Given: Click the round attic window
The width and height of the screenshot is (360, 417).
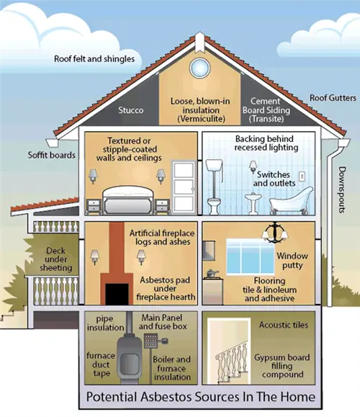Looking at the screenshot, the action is point(199,68).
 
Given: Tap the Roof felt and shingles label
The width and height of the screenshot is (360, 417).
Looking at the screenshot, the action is point(94,59).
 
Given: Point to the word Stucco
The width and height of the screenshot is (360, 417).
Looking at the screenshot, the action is point(131,110).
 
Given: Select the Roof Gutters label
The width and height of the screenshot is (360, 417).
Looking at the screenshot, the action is point(333,98).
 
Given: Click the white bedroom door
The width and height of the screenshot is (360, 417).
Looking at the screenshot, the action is point(184,187).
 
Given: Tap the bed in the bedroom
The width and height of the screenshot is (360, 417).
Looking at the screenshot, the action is point(128,199).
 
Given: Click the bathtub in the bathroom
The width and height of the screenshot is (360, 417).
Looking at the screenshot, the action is point(291,201).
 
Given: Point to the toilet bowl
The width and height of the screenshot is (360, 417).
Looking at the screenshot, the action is point(214,205).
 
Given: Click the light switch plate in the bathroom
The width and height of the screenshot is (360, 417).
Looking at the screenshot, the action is point(302,176).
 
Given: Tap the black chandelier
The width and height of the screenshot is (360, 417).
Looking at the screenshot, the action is point(275,233).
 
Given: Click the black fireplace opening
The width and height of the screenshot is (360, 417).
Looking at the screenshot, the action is point(117,294).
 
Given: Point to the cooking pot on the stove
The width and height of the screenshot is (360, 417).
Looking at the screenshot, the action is point(212,273).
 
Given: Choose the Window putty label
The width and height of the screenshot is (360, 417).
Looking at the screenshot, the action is point(292,261).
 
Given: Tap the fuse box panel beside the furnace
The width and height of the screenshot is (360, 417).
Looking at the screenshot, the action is point(150,341).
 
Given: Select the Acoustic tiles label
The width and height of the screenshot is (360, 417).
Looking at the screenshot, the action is point(284,325).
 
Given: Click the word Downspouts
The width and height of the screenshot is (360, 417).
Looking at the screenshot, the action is point(342,189).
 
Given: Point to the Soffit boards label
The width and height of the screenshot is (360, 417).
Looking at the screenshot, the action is point(52,155).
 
